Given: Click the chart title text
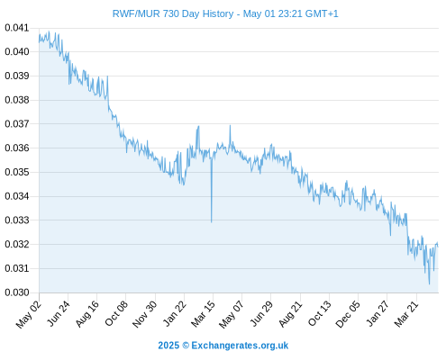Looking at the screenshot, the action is coord(225,13).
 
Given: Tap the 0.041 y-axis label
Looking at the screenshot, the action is coord(17,28).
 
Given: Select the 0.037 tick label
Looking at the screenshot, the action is coord(17,123).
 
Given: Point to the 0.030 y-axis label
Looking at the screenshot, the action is coord(17,292).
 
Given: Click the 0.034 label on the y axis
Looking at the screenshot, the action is coord(17,196).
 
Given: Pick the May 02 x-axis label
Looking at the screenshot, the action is coord(29,314).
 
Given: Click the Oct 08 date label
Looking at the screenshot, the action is coord(116,313).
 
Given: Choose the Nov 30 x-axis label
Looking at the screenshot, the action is coord(145,314).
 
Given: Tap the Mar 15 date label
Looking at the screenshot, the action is coord(204,314).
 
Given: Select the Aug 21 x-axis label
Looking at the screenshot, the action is coord(290,314).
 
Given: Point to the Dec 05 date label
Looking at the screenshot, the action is coord(348,314).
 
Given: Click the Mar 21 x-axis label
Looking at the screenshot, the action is coord(406,314).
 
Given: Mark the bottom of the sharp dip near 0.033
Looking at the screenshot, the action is coord(212,222).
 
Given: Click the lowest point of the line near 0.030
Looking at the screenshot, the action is coord(429,283).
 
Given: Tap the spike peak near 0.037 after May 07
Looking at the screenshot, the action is coord(230,125).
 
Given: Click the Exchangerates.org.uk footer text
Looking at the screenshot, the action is coord(240,346).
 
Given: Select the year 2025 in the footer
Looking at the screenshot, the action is coord(168,346).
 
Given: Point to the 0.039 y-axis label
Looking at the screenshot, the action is coord(17,76).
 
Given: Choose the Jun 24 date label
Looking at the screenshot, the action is coord(59,313).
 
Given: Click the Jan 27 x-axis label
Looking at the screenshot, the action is coord(378,313).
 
